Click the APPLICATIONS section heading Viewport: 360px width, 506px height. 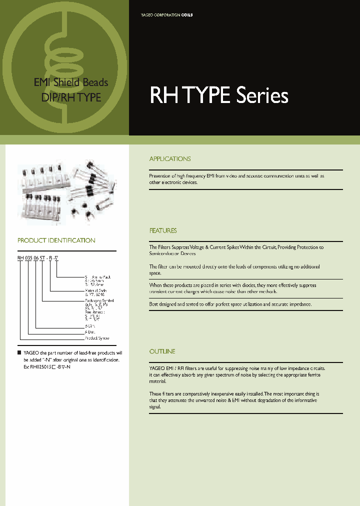pos(170,159)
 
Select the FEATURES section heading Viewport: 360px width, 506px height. pos(163,231)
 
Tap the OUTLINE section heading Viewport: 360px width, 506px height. pos(162,352)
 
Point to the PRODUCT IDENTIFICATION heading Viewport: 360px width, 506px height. pos(56,240)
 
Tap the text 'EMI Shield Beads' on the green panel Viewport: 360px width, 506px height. pos(70,83)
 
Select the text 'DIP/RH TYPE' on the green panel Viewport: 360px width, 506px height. pos(70,98)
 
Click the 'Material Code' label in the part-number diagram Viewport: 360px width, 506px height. pos(95,290)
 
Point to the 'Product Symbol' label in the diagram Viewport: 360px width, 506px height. pos(97,338)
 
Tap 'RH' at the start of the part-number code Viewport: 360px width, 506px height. pos(20,258)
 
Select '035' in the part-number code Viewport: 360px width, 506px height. pos(28,258)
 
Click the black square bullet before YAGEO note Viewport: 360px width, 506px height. pos(19,353)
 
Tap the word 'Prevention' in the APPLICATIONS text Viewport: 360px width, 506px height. pos(160,176)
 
